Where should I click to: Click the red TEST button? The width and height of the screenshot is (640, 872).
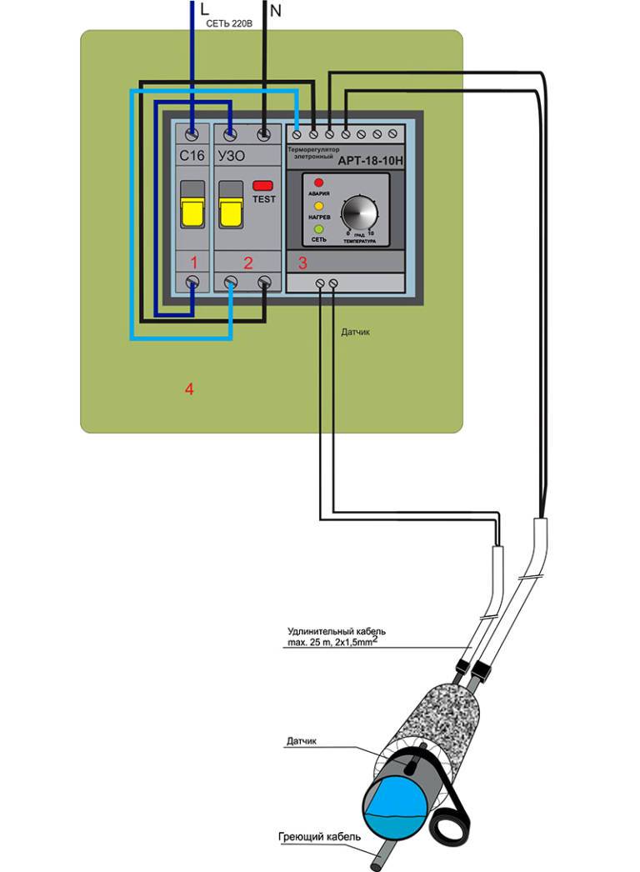263,185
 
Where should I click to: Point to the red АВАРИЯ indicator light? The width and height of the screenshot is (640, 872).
318,183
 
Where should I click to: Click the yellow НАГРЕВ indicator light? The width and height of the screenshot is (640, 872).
318,205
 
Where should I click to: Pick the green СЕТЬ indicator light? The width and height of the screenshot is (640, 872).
318,228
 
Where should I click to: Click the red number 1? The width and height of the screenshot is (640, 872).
193,263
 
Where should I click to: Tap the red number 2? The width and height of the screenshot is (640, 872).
247,263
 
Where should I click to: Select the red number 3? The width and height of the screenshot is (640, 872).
302,263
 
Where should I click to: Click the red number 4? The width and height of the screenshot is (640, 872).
189,388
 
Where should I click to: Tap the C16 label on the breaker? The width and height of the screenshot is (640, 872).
192,156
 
